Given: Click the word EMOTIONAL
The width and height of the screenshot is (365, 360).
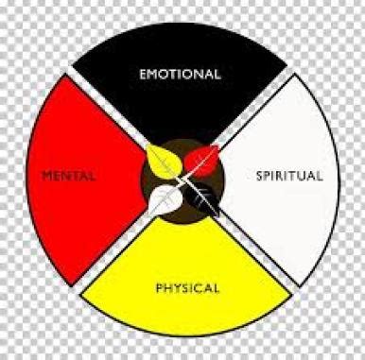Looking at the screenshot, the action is coord(180,74).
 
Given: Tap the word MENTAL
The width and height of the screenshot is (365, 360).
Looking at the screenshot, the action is coord(69,175).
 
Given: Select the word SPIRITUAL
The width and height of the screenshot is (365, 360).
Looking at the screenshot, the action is coord(289,176).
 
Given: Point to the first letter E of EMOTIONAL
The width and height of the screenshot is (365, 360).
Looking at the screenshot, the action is coord(143,74).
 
